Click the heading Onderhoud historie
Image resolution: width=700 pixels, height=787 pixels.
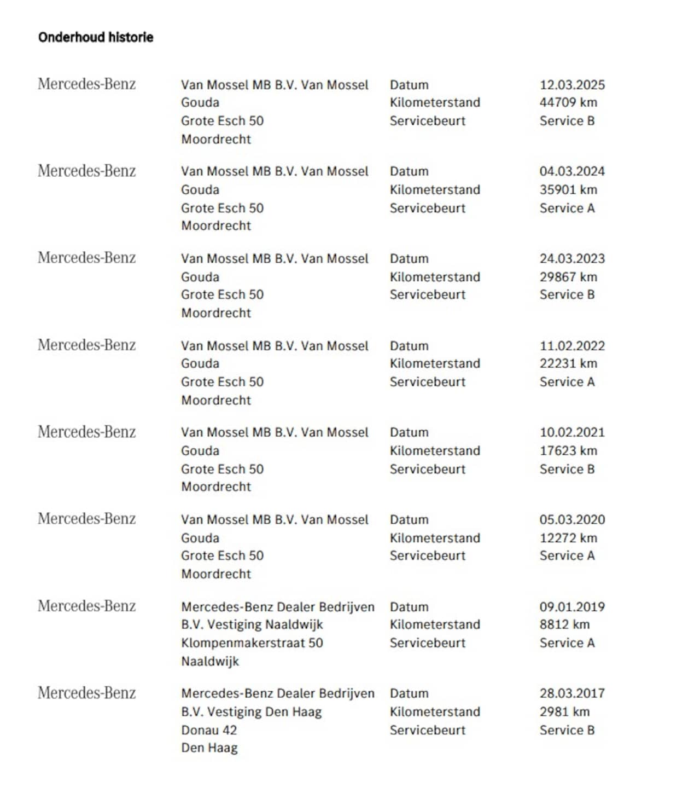96,37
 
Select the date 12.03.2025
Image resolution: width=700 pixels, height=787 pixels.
572,85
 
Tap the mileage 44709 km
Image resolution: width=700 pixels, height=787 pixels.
568,102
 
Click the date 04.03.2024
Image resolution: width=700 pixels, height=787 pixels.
572,171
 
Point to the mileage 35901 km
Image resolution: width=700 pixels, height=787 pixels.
568,190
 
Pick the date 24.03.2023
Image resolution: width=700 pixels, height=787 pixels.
572,258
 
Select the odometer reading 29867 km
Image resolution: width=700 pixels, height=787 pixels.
568,277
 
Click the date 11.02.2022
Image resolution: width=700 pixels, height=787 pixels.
572,346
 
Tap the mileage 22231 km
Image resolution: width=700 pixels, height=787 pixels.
568,363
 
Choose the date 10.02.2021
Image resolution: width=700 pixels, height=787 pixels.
572,432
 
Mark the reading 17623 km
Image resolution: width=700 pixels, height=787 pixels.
568,451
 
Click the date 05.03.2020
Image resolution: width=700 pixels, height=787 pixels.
572,519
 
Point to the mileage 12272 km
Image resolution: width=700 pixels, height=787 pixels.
568,538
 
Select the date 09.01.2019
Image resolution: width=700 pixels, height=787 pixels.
572,607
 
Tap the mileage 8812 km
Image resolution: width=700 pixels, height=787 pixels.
564,624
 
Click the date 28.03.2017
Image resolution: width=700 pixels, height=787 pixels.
572,693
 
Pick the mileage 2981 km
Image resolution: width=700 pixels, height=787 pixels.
564,712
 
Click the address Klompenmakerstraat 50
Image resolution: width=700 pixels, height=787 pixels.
252,643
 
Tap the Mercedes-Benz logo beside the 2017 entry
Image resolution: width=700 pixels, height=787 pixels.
86,693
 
